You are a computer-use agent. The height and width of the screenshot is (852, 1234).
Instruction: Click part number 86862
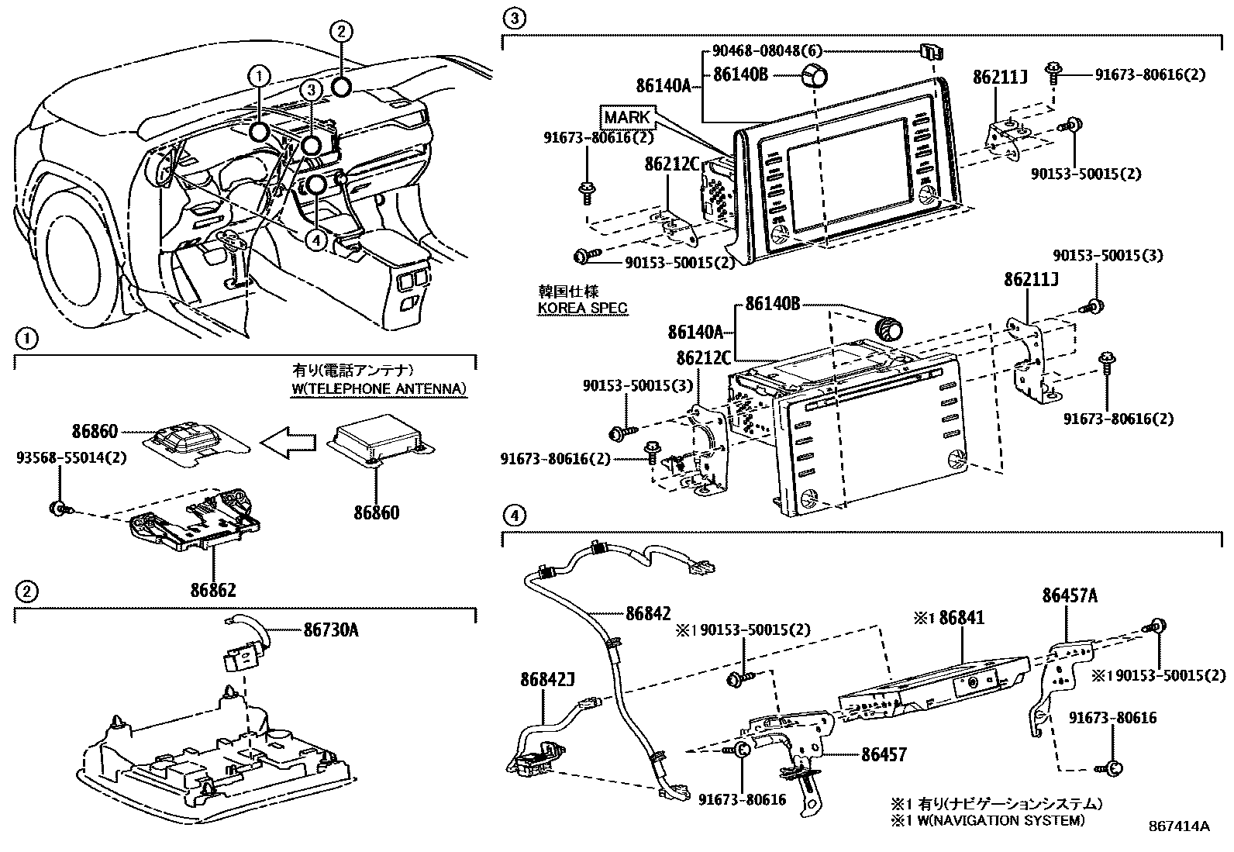(x=213, y=590)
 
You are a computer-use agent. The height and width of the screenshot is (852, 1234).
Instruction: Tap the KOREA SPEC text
(x=583, y=308)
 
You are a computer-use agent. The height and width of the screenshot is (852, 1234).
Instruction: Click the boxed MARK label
(x=627, y=118)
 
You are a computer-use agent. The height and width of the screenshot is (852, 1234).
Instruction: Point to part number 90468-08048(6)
(x=766, y=51)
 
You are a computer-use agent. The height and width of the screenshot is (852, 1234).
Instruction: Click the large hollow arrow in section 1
(x=288, y=442)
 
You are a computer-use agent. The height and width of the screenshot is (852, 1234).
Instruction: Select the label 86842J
(x=547, y=680)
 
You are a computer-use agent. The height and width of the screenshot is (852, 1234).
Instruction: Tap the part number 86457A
(x=1070, y=596)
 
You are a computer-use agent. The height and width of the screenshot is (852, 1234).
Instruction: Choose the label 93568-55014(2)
(x=71, y=457)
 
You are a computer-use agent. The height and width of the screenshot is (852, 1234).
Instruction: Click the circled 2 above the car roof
(x=341, y=31)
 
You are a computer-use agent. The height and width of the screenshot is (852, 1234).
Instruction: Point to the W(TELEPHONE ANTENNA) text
(x=379, y=388)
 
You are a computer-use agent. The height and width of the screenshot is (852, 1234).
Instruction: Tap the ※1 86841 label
(x=948, y=617)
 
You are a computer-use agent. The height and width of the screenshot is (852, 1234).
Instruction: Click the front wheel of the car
(x=78, y=248)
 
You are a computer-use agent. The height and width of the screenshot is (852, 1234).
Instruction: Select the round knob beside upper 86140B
(x=813, y=78)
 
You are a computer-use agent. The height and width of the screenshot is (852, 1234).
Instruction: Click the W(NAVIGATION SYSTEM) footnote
(x=987, y=819)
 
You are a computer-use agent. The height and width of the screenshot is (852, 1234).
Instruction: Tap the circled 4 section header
(x=515, y=514)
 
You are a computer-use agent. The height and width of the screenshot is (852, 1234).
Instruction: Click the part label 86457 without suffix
(x=883, y=753)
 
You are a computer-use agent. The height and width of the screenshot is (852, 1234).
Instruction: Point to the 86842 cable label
(x=647, y=613)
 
